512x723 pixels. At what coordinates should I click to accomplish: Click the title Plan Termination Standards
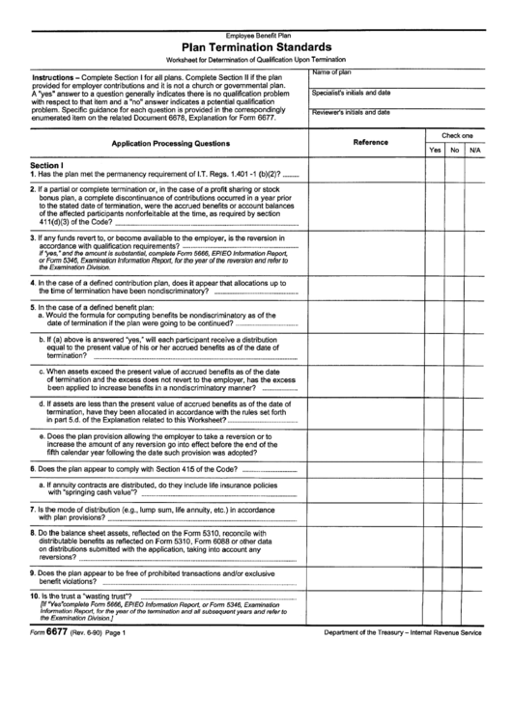[x=256, y=46]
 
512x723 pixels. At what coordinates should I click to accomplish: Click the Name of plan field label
[x=330, y=72]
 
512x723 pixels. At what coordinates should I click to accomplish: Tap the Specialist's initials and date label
[x=350, y=93]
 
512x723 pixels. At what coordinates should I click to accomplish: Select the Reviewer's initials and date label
[x=350, y=112]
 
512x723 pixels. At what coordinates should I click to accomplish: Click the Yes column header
[x=435, y=151]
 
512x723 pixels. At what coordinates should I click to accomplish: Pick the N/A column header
[x=474, y=151]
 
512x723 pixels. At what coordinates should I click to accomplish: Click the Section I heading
[x=46, y=165]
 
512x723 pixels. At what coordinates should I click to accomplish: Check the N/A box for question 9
[x=474, y=578]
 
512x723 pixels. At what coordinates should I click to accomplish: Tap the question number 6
[x=33, y=467]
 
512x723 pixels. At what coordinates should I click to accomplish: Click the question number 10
[x=35, y=597]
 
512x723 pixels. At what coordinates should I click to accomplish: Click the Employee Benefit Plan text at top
[x=256, y=34]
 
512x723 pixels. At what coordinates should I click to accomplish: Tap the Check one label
[x=457, y=136]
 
